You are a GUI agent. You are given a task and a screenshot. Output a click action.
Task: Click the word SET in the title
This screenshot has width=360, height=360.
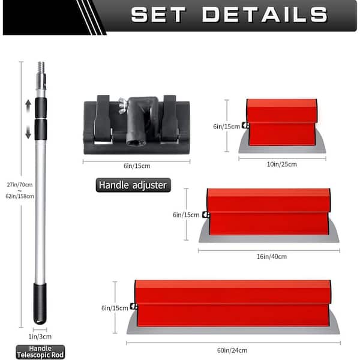[x=158, y=14]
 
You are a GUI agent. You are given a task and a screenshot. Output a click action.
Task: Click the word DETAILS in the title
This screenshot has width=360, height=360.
[x=265, y=14]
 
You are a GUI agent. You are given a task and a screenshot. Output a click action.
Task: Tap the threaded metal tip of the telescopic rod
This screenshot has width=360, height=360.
[x=41, y=67]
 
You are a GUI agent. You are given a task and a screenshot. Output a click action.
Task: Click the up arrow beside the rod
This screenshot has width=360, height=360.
[x=28, y=106]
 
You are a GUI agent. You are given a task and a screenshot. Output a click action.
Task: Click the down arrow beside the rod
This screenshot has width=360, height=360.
[x=28, y=132]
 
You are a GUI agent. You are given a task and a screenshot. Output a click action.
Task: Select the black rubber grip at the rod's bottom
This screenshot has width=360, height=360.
[x=40, y=304]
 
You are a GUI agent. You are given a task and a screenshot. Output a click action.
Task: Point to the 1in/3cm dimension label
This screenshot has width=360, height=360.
[x=40, y=337]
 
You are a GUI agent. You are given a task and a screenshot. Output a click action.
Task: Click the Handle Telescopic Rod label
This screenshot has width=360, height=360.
[x=40, y=352]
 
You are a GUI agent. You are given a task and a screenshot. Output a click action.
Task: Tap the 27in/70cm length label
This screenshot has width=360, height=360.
[x=20, y=185]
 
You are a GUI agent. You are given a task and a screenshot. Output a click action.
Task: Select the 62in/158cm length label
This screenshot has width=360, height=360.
[x=20, y=196]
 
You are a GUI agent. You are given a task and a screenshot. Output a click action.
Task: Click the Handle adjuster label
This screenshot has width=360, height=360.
[x=133, y=185]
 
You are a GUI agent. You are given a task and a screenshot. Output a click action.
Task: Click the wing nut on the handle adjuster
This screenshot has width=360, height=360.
[x=122, y=105]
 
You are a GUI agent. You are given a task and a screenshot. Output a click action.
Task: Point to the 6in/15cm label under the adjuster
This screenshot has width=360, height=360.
[x=137, y=166]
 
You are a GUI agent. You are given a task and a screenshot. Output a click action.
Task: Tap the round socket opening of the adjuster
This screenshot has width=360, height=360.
[x=135, y=143]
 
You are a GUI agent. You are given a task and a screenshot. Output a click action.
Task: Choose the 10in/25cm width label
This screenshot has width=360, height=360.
[x=282, y=164]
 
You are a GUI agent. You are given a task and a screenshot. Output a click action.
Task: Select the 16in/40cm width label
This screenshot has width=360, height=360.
[x=272, y=256]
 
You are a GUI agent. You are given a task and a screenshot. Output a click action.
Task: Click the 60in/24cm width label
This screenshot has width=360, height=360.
[x=232, y=350]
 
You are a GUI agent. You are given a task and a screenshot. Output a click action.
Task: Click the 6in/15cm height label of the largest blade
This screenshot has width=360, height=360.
[x=115, y=308]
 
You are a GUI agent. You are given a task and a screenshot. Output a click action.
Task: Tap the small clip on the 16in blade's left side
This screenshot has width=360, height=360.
[x=206, y=215]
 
